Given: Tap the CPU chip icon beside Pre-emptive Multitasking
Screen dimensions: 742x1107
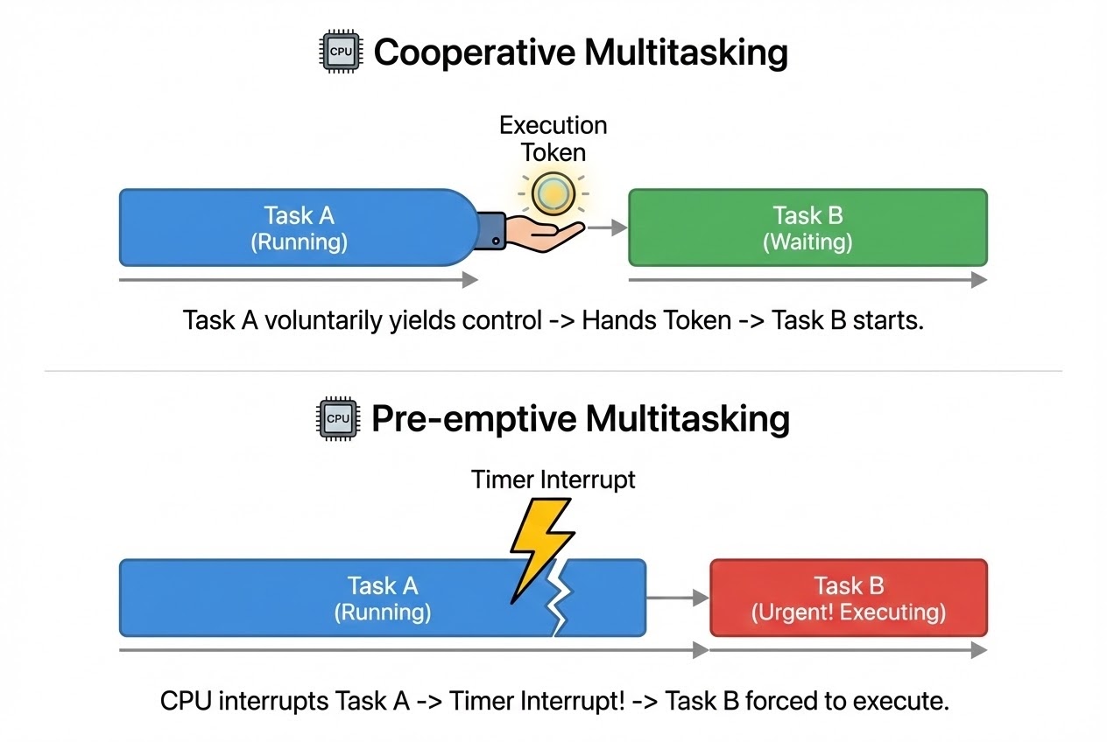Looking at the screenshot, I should [x=338, y=419].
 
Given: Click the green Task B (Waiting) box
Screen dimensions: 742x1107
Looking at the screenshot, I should [x=807, y=227].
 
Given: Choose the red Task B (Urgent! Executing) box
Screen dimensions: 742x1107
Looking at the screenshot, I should [x=848, y=598].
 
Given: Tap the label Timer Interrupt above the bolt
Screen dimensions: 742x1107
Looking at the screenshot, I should [x=553, y=479].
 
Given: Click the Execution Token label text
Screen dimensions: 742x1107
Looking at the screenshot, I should [x=553, y=138].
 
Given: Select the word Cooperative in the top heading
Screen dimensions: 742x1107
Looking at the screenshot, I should [x=473, y=53].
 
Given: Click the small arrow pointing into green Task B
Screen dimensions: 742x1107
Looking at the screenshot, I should [x=607, y=227].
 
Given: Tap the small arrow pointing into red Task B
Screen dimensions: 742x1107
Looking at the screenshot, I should [x=678, y=598].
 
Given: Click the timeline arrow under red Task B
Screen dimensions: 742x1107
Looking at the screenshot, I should [x=848, y=651].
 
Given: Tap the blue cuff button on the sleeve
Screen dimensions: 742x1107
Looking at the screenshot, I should [x=497, y=241].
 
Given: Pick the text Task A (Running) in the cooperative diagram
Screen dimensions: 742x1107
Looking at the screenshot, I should [x=299, y=227].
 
